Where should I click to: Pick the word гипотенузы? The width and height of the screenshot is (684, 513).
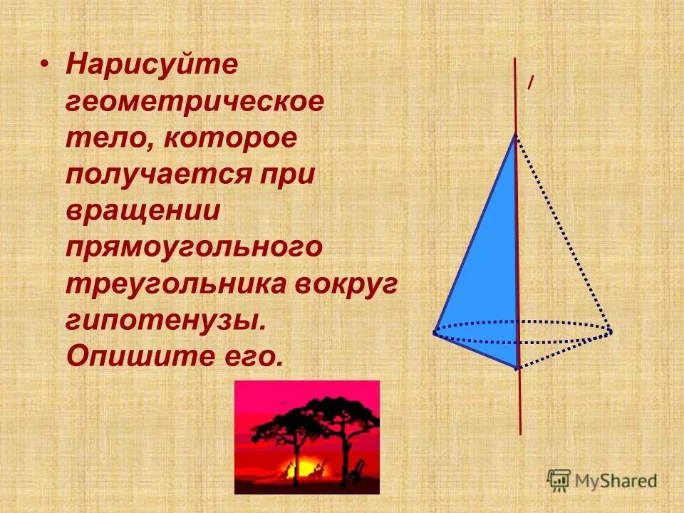tap(165, 321)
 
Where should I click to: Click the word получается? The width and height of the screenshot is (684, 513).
tap(162, 175)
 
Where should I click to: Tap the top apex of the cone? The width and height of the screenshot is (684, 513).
tap(515, 135)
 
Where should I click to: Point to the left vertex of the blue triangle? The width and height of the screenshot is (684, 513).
tap(435, 332)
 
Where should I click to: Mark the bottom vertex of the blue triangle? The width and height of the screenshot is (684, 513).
tap(517, 368)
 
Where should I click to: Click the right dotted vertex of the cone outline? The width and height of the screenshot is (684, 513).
tap(610, 331)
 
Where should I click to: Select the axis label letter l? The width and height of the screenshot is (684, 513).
tap(529, 84)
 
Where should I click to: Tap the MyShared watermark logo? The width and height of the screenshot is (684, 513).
tap(603, 480)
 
